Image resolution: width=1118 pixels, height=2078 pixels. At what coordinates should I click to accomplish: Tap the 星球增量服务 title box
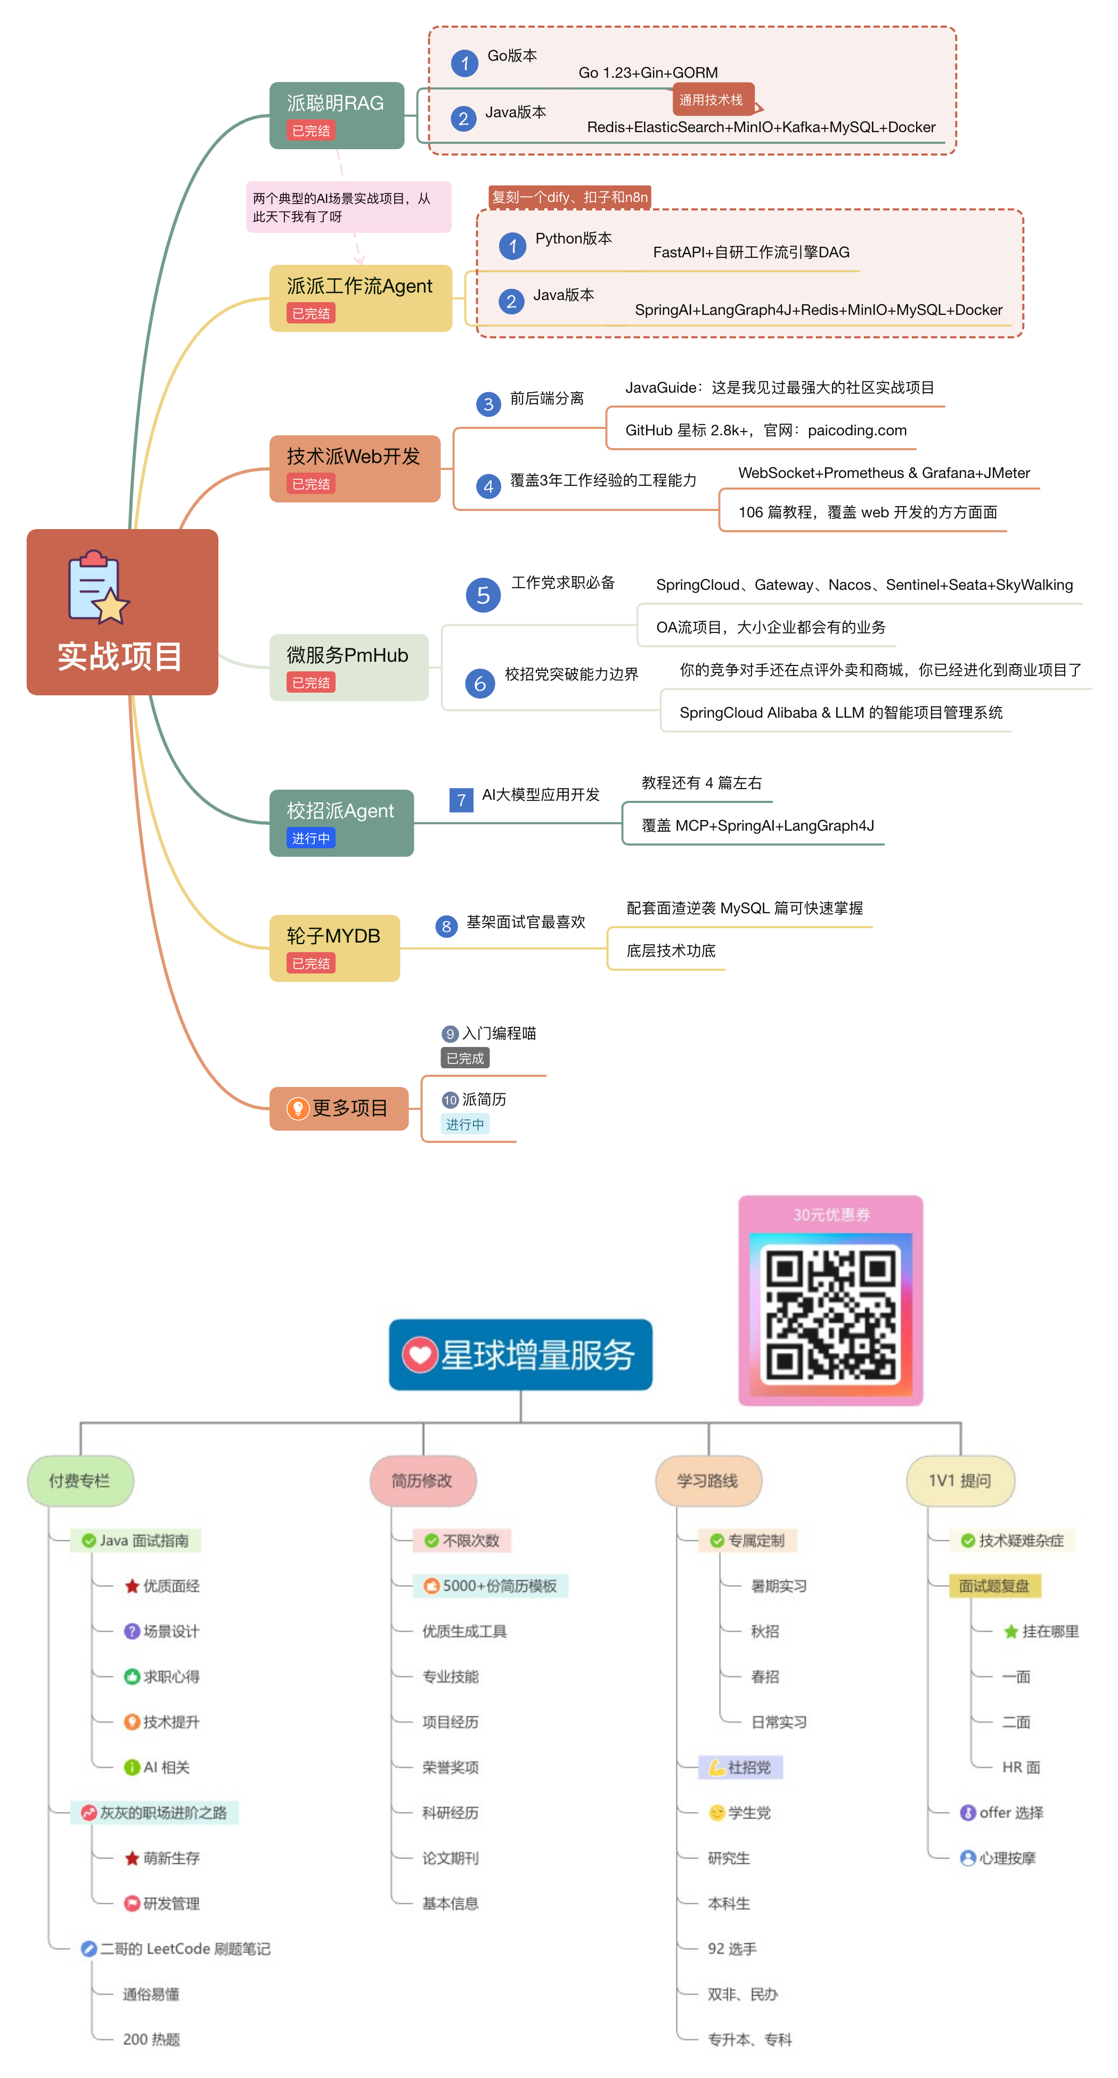(520, 1354)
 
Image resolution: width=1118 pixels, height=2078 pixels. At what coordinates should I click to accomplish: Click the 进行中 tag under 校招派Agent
(311, 838)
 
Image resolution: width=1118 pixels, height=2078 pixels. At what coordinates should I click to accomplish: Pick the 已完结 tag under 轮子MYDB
(311, 963)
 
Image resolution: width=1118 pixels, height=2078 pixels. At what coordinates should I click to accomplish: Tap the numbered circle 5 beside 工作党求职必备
(483, 595)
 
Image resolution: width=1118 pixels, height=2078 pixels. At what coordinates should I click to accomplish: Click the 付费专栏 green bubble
(80, 1480)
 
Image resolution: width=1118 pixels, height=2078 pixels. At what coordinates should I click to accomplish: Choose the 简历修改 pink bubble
(423, 1480)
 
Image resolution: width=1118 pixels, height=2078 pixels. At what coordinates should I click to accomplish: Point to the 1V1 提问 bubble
(960, 1480)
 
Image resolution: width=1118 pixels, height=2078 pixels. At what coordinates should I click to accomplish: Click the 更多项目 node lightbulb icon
(298, 1108)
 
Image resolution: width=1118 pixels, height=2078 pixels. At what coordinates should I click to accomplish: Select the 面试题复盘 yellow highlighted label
(994, 1586)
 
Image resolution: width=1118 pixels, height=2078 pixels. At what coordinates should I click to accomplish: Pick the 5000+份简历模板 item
(491, 1586)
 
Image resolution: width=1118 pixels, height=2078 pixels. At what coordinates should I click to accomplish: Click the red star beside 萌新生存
(132, 1858)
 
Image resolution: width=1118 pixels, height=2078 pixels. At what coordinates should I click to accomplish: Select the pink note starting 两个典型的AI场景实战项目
(348, 207)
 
